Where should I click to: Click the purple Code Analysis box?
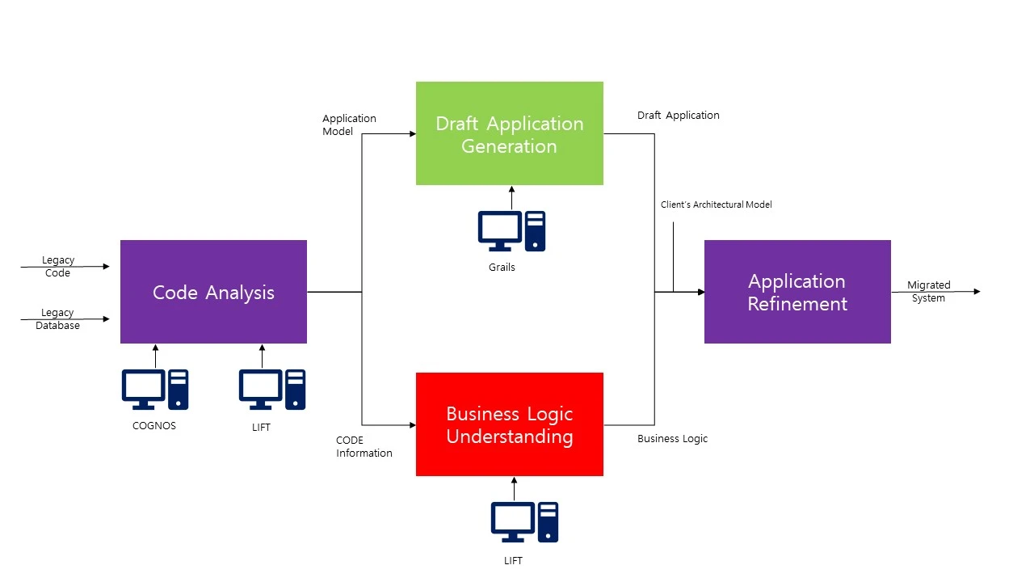click(213, 292)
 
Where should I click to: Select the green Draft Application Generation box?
click(509, 133)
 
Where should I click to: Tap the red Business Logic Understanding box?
click(509, 424)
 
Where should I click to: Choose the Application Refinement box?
click(797, 292)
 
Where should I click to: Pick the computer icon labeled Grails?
click(511, 231)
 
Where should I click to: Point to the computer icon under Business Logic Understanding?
click(524, 521)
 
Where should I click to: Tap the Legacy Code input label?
click(57, 267)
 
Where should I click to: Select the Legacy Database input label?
click(57, 319)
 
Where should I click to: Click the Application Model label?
click(349, 124)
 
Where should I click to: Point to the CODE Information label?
click(364, 446)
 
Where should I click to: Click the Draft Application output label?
click(678, 116)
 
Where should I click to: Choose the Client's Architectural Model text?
click(716, 205)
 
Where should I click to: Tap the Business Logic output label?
click(672, 439)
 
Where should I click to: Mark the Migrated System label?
click(928, 291)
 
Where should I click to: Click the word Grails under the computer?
click(502, 267)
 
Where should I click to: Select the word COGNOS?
click(153, 425)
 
